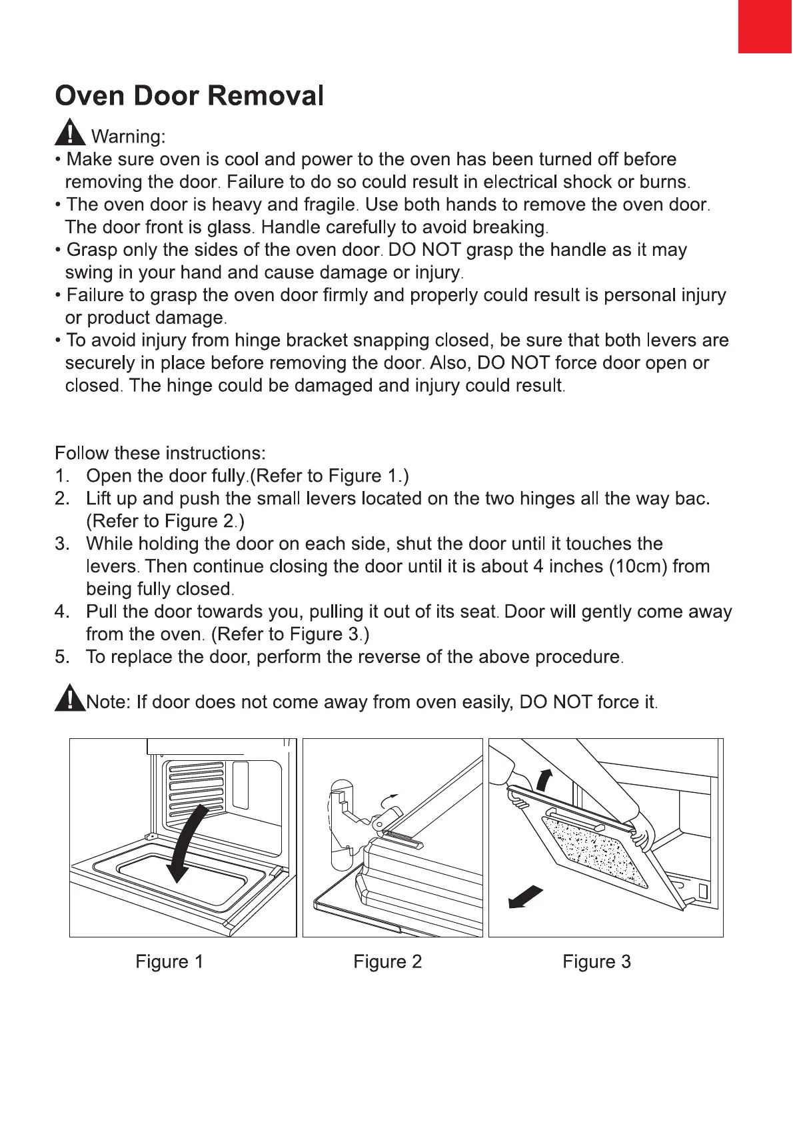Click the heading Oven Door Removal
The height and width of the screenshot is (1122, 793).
tap(189, 96)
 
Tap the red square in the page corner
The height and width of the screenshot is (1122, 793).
tap(765, 26)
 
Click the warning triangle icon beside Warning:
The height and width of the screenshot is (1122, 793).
tap(69, 132)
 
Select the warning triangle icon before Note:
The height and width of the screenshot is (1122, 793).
tap(69, 699)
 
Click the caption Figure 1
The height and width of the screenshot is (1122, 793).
tap(169, 961)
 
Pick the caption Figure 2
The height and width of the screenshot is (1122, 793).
tap(387, 961)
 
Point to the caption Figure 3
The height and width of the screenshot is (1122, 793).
tap(596, 961)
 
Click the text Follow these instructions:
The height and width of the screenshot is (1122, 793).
tap(160, 453)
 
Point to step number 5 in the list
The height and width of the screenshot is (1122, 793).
tap(61, 657)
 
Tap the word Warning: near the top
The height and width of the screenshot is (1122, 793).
tap(128, 137)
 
